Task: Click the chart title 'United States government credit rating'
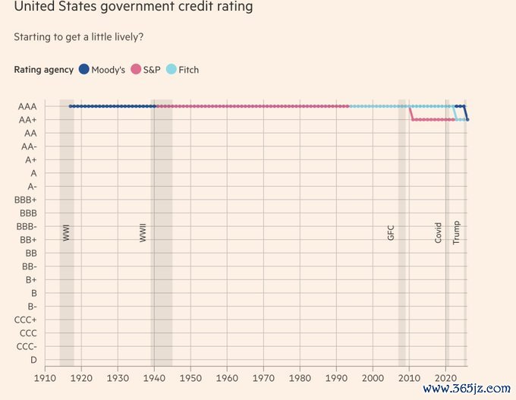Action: (x=134, y=8)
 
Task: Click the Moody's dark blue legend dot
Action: (x=83, y=70)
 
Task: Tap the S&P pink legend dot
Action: (x=137, y=70)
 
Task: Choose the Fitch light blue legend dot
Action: (x=171, y=70)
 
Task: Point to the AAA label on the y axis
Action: (x=27, y=106)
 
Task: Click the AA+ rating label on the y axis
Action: (x=27, y=120)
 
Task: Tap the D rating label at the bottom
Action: (x=33, y=359)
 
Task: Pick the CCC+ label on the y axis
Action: (x=26, y=320)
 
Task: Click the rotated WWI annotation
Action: (x=67, y=232)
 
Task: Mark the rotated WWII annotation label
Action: (x=143, y=231)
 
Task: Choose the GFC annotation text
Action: (x=392, y=232)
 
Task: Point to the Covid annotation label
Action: (x=439, y=232)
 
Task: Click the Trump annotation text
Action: (x=457, y=231)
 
